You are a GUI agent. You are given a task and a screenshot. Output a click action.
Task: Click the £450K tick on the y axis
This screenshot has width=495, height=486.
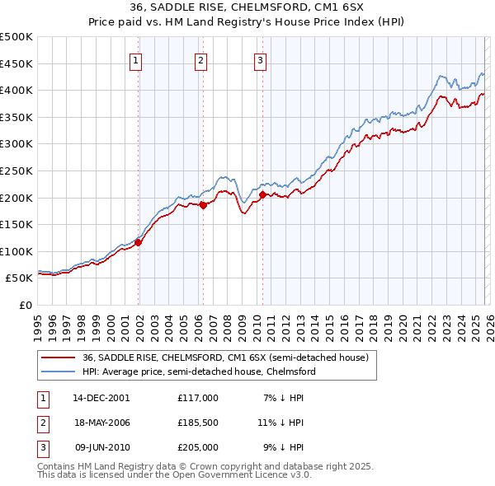click(16, 63)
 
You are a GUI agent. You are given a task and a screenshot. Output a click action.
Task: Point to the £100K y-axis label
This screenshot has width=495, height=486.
click(16, 251)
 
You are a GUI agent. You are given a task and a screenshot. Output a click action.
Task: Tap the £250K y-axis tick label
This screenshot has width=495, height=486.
click(16, 171)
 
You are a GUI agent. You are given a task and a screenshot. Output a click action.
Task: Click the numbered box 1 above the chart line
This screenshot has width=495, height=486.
click(135, 59)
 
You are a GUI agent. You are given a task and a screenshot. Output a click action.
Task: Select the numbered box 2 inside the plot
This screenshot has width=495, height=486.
click(200, 59)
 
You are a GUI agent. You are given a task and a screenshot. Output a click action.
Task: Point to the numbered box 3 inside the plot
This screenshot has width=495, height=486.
click(260, 59)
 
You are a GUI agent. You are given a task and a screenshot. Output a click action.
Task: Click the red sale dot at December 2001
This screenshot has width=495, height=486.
click(139, 242)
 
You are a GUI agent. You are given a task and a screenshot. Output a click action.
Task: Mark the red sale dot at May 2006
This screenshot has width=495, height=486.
click(203, 206)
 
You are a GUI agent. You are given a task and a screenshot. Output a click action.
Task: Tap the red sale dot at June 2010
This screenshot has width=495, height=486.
click(262, 195)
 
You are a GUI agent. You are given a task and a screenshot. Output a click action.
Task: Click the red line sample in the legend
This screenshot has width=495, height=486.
click(59, 357)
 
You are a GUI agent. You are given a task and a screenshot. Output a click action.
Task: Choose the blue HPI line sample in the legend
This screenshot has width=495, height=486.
click(59, 372)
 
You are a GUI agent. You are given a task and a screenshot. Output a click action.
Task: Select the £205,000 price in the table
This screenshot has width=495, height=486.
click(198, 448)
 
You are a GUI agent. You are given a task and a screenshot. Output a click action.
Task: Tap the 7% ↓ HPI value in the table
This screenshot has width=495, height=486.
click(284, 397)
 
